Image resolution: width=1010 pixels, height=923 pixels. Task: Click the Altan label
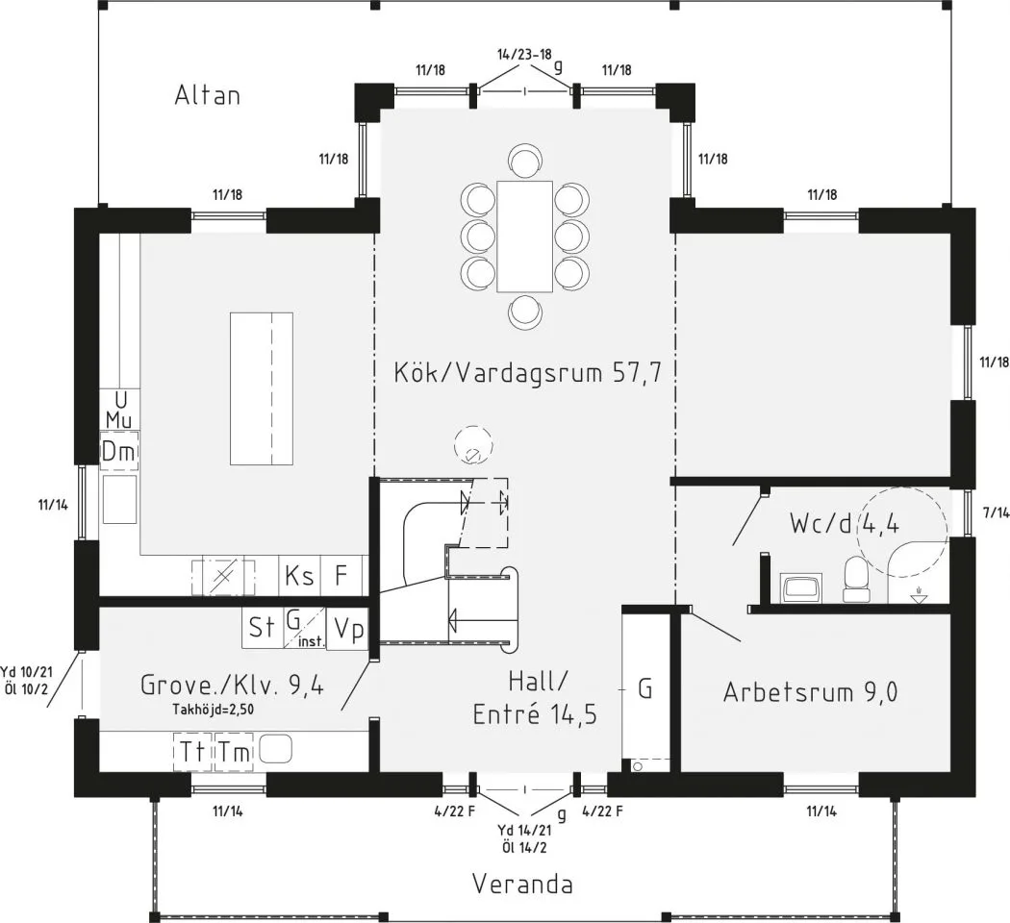[x=208, y=95]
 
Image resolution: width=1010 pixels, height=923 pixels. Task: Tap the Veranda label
[x=522, y=884]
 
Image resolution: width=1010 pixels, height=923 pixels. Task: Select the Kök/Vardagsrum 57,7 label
[x=527, y=373]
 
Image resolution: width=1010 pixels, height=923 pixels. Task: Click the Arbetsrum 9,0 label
[x=810, y=692]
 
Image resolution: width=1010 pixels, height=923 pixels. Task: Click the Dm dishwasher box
[x=119, y=452]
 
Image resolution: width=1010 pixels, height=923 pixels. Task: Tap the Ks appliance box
[x=299, y=575]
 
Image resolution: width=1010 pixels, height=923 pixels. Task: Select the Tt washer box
[x=192, y=751]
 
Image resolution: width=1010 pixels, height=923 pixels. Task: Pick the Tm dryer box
[x=233, y=751]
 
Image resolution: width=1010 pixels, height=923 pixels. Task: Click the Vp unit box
[x=347, y=629]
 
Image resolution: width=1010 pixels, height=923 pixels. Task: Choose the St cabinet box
[x=263, y=628]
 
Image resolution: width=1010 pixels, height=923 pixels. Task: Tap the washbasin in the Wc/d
[x=800, y=588]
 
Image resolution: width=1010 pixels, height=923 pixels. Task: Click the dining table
[x=524, y=237]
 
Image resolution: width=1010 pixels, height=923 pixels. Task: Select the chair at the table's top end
[x=525, y=159]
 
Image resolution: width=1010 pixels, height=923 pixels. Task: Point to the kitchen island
[x=262, y=388]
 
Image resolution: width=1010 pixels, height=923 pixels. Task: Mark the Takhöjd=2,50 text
[x=213, y=711]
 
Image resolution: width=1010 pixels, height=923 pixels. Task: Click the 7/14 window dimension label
[x=996, y=512]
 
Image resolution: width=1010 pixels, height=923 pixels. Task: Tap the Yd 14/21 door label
[x=524, y=831]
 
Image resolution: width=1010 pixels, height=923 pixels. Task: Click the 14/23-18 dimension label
[x=524, y=54]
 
